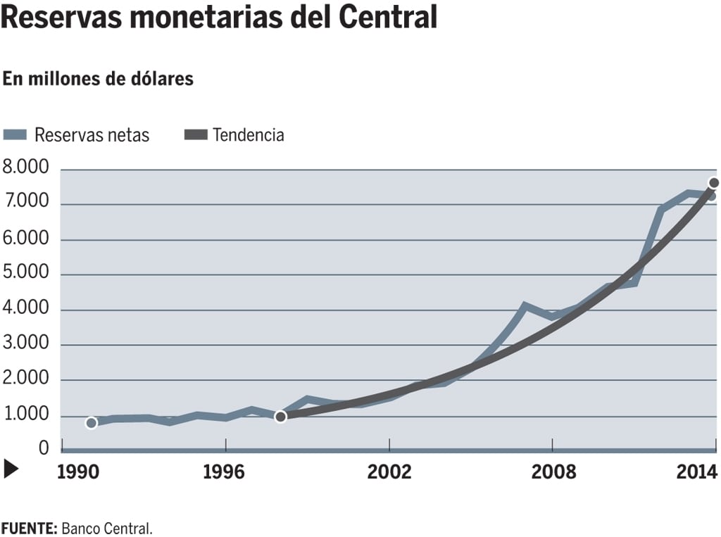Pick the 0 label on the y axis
point(44,448)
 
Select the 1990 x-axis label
point(77,471)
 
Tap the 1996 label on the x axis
point(224,471)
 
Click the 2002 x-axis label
point(389,471)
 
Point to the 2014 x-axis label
point(698,471)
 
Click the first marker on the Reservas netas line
point(91,423)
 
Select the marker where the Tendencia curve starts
point(280,417)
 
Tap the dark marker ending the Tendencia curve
point(714,183)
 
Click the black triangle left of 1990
point(11,469)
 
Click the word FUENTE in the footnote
point(27,527)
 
